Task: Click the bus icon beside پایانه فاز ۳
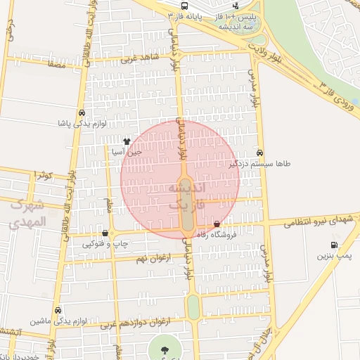(172, 15)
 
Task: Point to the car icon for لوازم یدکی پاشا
(82, 112)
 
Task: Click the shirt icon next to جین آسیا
(127, 141)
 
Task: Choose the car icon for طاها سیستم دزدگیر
(260, 152)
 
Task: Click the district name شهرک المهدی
(28, 214)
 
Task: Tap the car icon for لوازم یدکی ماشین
(58, 310)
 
